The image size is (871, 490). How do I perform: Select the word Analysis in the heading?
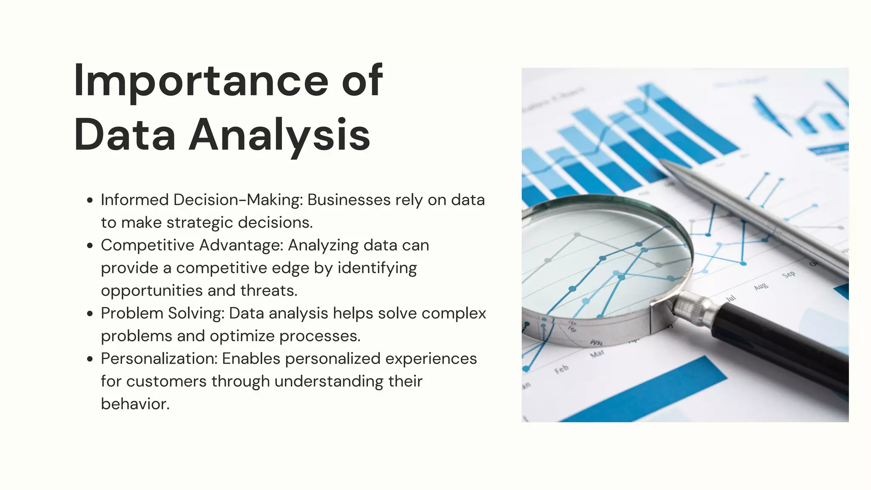coord(279,135)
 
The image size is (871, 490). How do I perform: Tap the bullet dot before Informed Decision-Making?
coord(90,200)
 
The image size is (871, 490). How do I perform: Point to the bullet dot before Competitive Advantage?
coord(90,246)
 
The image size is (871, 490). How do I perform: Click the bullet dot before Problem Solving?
coord(90,314)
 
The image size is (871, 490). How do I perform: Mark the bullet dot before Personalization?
coord(90,359)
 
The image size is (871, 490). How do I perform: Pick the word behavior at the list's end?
coord(135,404)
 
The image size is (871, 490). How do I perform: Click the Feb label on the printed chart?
coord(561,369)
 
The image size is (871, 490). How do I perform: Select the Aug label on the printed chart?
coord(761,287)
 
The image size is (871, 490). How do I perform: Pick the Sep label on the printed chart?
coord(788,275)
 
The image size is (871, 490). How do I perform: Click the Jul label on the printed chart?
coord(731,298)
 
